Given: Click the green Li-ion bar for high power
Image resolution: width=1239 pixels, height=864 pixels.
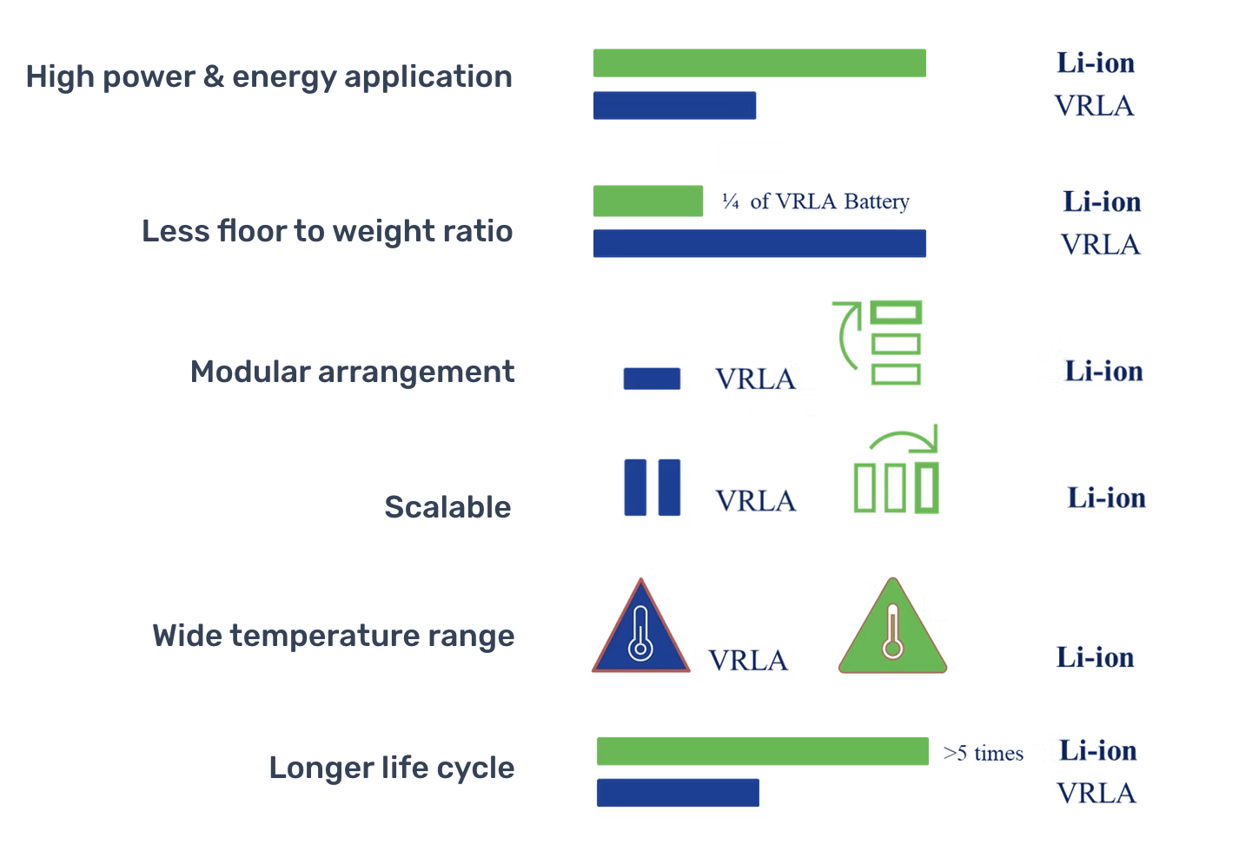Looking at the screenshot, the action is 759,63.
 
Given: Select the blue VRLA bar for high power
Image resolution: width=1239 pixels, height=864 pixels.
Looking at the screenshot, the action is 675,106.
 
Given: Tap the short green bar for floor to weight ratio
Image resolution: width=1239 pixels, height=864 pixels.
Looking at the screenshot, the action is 648,201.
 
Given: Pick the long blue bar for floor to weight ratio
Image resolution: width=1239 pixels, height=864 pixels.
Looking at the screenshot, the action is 759,243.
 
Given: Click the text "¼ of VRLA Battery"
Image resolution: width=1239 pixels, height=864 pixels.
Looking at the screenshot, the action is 815,201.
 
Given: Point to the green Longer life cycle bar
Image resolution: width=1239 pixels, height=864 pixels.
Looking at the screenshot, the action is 763,751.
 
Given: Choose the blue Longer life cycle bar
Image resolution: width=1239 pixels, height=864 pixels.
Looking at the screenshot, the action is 678,793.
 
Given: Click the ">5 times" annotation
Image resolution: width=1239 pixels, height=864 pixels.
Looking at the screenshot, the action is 983,753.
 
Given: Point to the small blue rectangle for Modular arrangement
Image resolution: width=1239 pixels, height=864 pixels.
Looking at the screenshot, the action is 653,379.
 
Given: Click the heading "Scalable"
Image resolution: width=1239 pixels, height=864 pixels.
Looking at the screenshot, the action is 447,507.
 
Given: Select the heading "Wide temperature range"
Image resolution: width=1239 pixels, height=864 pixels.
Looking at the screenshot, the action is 334,636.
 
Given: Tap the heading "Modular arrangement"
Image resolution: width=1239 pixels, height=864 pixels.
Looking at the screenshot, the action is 353,372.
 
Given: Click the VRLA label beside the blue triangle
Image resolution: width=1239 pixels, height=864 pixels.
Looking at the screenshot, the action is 748,660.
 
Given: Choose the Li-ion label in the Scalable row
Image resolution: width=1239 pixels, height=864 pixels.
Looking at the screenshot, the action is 1106,498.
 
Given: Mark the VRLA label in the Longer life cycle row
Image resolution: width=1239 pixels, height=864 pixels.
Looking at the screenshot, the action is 1097,794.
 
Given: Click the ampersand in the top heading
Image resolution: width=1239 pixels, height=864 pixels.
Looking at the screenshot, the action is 214,76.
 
